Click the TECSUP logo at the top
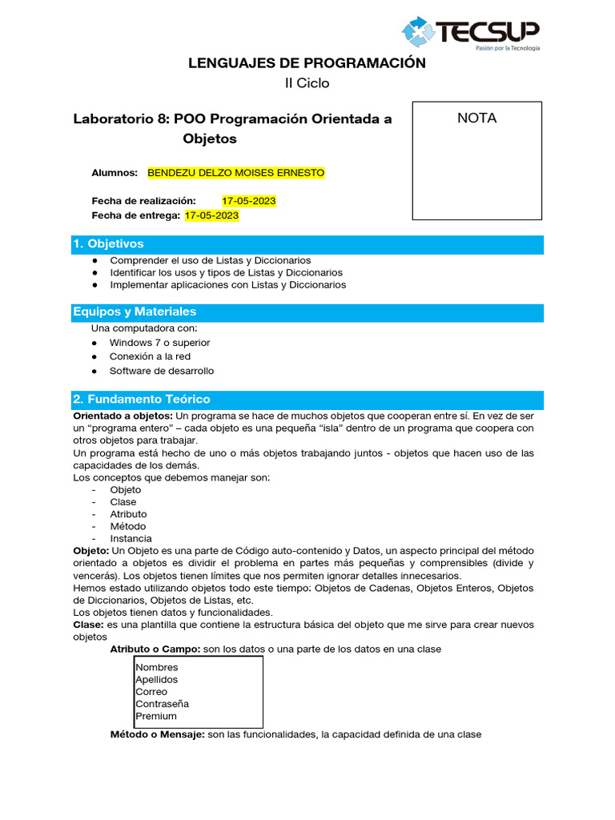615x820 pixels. coord(471,34)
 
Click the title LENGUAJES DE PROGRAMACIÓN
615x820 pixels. coord(307,63)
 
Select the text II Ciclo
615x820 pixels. coord(307,82)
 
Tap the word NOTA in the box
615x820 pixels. coord(476,119)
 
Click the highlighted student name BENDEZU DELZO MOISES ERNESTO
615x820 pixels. coord(236,173)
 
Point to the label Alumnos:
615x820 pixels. coord(115,173)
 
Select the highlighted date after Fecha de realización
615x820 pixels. coord(249,200)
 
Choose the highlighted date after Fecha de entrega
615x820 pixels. coord(211,215)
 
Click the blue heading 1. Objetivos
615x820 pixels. coord(108,243)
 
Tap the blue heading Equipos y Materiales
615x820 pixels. coord(135,312)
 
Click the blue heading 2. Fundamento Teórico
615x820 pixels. coord(141,399)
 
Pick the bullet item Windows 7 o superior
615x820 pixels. coord(160,343)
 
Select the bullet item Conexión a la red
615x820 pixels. coord(150,356)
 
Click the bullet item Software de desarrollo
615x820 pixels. coord(162,371)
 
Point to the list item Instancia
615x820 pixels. coord(131,539)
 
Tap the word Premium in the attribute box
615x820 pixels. coord(156,716)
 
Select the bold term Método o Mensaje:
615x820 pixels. coord(157,734)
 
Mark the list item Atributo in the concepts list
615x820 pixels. coord(128,514)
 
